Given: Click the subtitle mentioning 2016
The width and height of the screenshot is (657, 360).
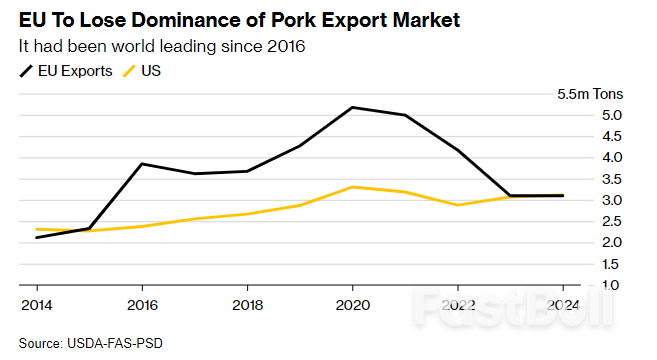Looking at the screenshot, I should tap(161, 46).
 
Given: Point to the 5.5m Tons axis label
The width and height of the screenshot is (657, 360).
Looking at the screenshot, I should tap(590, 94).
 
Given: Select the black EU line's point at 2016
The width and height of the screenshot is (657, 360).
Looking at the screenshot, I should tap(142, 164).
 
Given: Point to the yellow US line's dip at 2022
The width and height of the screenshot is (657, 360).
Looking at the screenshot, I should tap(458, 205).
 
